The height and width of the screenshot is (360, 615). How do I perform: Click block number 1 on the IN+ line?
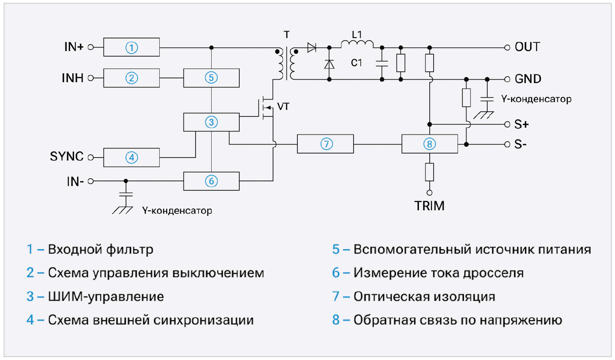132,47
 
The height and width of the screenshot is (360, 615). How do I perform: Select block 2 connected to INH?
132,78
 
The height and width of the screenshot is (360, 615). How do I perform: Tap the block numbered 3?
211,122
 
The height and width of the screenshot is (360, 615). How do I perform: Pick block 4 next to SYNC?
132,157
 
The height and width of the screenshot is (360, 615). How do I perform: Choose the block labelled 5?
211,78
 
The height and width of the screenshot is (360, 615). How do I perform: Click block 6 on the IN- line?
211,181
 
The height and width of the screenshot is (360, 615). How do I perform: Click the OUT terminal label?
527,47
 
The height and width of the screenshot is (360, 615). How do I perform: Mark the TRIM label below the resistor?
429,206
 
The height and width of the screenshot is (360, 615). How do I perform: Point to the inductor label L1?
357,33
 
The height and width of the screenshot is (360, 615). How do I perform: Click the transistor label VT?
283,107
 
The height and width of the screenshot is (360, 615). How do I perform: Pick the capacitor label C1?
357,63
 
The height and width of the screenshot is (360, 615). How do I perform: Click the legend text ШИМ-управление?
106,297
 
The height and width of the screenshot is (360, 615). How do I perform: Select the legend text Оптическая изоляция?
424,297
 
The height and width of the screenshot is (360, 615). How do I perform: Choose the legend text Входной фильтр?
100,250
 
